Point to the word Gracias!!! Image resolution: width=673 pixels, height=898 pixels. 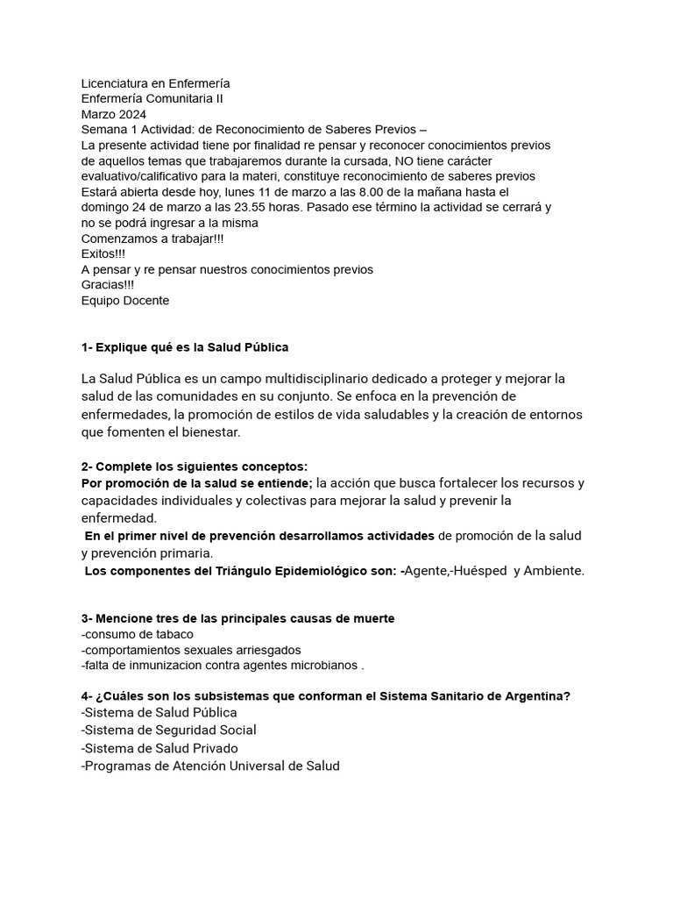point(108,285)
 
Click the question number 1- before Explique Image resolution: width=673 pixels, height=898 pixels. point(88,347)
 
